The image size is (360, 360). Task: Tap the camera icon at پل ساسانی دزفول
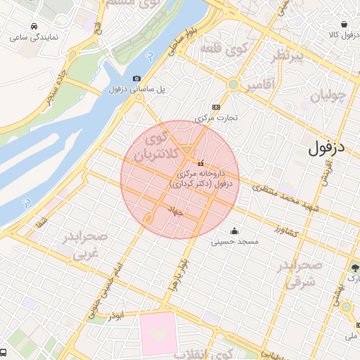pos(136,78)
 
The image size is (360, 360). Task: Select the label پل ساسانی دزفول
pos(136,89)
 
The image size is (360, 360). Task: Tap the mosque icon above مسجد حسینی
pos(234,231)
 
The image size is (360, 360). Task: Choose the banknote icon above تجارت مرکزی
pos(215,107)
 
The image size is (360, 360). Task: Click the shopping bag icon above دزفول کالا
pos(343,24)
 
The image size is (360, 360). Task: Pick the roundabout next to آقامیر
pos(231,86)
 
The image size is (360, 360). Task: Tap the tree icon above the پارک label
pos(354,268)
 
